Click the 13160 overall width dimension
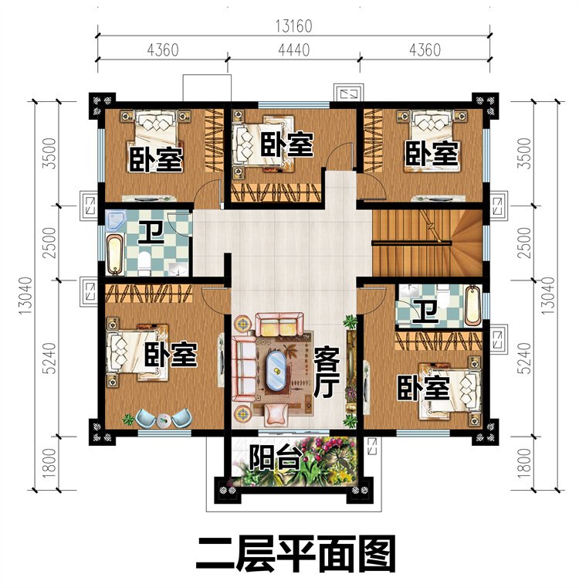click(294, 26)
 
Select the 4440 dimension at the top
click(294, 50)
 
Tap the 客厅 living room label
click(327, 372)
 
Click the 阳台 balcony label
click(276, 458)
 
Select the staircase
click(427, 243)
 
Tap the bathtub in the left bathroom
click(116, 253)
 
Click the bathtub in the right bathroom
click(473, 305)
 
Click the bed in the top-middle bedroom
click(259, 144)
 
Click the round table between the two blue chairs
click(163, 420)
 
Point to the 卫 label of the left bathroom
click(151, 233)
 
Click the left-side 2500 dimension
click(49, 243)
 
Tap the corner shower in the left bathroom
click(116, 219)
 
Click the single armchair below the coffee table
click(276, 414)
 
